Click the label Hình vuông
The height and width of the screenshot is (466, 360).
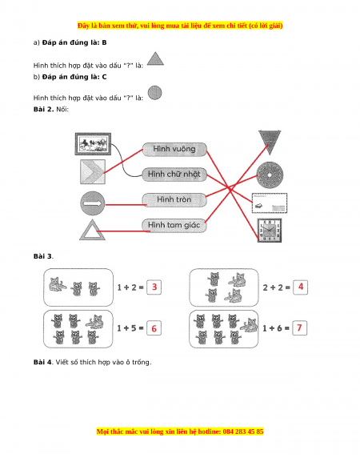tap(174, 149)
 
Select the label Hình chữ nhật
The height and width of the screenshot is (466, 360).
tap(174, 175)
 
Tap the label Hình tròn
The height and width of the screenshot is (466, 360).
tap(174, 199)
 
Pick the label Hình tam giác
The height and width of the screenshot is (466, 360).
tap(174, 225)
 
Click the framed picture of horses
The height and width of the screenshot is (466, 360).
tap(93, 144)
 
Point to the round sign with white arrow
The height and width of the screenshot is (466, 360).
tap(93, 203)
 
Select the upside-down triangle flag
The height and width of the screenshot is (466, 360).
tap(270, 142)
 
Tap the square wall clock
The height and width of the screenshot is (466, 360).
tap(270, 231)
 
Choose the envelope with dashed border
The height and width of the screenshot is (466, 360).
tap(270, 203)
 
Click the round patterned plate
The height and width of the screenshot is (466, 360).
tap(270, 175)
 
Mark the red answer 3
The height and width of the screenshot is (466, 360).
tap(154, 287)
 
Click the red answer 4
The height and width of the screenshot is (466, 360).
tap(301, 287)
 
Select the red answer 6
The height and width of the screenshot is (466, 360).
tap(154, 328)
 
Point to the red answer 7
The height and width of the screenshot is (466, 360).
tap(299, 328)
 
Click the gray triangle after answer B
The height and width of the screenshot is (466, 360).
tap(155, 58)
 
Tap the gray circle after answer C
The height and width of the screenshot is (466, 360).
tap(154, 93)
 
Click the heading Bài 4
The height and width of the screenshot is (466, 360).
tap(42, 362)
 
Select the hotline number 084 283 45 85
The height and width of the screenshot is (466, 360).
tap(243, 432)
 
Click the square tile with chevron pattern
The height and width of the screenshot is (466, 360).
tap(93, 172)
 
